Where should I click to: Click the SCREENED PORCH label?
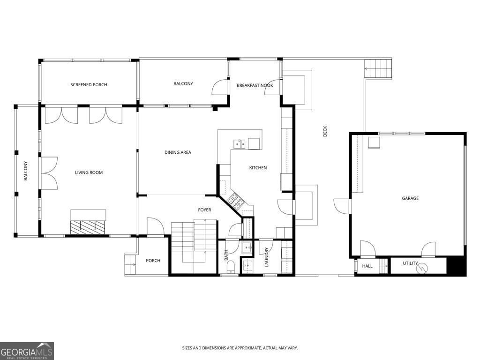pos(89,85)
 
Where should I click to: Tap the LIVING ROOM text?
pos(89,172)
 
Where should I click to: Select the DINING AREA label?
pos(178,152)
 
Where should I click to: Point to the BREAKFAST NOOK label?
pos(255,85)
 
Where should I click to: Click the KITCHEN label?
pos(258,168)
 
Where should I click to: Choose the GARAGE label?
pos(410,198)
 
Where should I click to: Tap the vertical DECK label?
pos(325,132)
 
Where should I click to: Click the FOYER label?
pos(204,210)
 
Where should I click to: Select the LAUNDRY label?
pos(266,257)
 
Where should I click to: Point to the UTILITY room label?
pos(410,263)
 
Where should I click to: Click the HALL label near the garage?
pos(367,266)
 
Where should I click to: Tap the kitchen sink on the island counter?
pos(239,143)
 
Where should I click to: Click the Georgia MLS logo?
pos(27,351)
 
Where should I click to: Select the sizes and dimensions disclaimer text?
pos(240,348)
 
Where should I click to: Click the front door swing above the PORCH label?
pos(155,226)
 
